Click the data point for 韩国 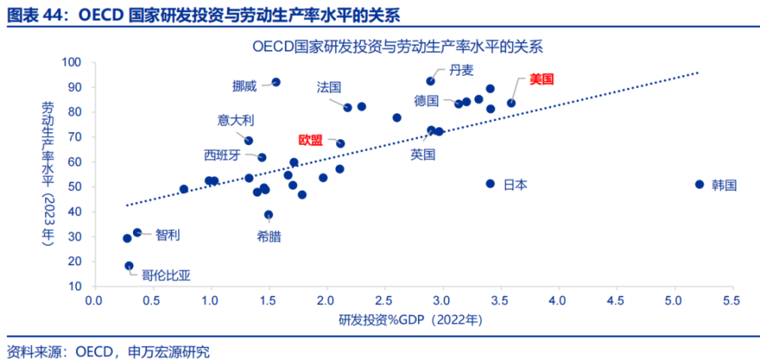(699, 184)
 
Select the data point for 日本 (490, 184)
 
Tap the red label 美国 (543, 79)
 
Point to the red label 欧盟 (310, 140)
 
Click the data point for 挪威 (275, 82)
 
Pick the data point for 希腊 (268, 214)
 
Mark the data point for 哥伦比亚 (129, 266)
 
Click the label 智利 (168, 234)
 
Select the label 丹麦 (462, 70)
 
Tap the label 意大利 (236, 120)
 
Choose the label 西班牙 (222, 155)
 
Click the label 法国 (329, 86)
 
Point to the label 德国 (426, 100)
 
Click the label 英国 (423, 155)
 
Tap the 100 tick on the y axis (71, 63)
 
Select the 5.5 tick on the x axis (731, 301)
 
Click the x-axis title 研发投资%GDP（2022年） (411, 320)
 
